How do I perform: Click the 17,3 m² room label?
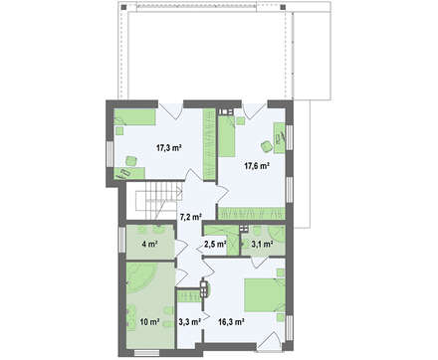tap(168, 148)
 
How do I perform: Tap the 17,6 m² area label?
tap(257, 166)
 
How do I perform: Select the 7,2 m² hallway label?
tap(191, 217)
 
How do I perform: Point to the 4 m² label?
tap(149, 245)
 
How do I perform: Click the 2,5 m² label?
tap(215, 245)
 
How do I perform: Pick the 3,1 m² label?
tap(262, 245)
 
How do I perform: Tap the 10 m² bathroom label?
tap(149, 321)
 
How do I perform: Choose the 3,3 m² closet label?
tap(189, 321)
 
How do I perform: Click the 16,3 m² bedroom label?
tap(232, 321)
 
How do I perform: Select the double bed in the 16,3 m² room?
tap(265, 295)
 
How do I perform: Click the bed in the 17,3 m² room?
tap(135, 117)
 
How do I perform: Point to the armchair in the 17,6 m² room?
tap(267, 146)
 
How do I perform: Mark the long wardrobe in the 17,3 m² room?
tap(209, 144)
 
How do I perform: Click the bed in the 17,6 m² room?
tap(227, 136)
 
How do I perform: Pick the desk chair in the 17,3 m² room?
tap(131, 161)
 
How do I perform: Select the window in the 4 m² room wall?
tap(121, 240)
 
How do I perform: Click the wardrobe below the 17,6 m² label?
tap(251, 213)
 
